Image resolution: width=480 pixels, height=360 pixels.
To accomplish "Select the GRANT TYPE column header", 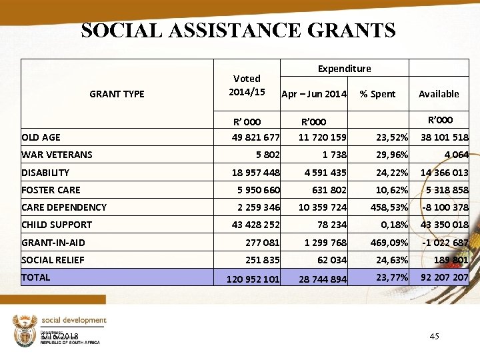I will pos(117,94).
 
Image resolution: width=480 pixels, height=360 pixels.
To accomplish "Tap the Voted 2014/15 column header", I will pos(247,85).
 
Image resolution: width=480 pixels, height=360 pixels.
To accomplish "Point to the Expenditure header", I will pos(344,68).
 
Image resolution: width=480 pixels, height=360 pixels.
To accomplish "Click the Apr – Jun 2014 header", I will pos(314,94).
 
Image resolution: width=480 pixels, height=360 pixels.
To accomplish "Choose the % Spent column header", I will pos(377,94).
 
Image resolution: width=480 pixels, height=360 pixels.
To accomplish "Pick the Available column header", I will pos(439,94).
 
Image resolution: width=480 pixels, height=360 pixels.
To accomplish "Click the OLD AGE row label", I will pos(41,137).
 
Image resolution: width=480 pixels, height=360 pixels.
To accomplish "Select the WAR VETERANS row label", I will pos(57,155).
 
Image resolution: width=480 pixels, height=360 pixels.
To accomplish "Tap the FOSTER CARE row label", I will pos(51,189).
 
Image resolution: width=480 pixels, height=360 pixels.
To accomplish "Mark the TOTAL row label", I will pos(36,277).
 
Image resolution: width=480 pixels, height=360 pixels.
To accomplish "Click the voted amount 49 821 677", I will pos(255,137).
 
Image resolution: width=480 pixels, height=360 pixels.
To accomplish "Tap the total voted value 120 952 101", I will pos(253,279).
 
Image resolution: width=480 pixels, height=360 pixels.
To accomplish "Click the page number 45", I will pos(434,336).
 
